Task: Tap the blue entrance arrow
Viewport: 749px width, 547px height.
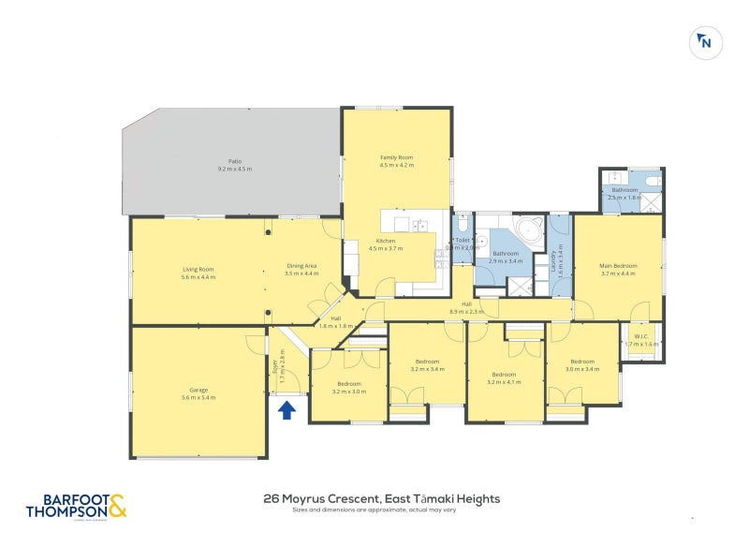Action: click(286, 408)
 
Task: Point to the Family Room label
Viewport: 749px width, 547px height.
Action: click(396, 156)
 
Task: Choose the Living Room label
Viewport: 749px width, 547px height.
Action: click(198, 270)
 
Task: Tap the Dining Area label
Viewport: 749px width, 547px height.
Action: click(301, 267)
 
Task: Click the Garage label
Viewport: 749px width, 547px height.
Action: click(198, 390)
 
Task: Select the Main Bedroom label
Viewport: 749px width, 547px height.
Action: click(618, 266)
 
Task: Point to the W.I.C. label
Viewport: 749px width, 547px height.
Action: click(641, 337)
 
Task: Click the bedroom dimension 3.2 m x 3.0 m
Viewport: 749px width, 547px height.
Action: click(349, 392)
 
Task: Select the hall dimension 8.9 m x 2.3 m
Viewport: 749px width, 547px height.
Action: click(465, 310)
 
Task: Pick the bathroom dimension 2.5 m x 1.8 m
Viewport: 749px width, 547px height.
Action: click(624, 198)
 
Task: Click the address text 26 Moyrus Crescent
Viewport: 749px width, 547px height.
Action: click(315, 499)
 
